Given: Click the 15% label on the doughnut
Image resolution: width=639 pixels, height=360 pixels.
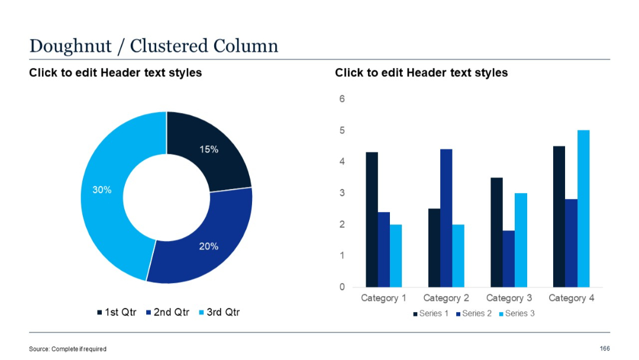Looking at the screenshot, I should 208,150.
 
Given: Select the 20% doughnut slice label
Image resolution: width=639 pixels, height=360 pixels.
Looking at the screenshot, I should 208,246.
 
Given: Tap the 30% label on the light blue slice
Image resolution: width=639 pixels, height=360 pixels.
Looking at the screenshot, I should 102,190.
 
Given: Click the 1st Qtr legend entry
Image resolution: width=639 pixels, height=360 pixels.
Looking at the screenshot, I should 117,312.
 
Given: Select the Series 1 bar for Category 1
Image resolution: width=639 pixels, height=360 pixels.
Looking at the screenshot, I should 372,219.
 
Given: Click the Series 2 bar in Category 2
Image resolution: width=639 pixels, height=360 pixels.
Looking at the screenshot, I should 446,217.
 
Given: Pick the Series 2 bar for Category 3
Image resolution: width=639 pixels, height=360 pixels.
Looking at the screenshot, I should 509,258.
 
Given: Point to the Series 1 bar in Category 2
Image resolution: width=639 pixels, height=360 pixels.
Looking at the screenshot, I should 434,247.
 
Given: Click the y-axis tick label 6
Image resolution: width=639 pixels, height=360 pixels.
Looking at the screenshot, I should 342,99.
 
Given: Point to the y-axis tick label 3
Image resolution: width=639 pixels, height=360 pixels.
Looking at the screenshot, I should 342,193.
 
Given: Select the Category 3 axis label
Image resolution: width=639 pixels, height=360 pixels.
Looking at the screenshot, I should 509,298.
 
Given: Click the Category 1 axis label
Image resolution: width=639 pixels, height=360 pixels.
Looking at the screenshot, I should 383,298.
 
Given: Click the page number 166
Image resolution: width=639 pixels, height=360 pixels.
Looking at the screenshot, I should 605,348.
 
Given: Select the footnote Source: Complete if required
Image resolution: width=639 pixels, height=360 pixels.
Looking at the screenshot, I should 67,349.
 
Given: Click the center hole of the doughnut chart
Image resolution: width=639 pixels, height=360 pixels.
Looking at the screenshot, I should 166,197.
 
